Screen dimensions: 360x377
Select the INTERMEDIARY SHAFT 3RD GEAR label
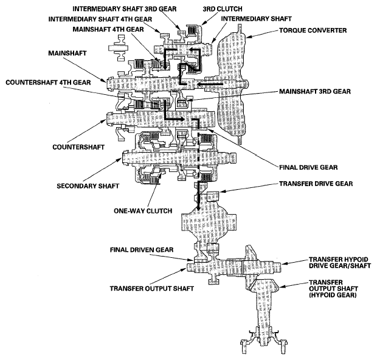coord(123,9)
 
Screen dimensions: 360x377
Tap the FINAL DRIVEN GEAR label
coord(142,249)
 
